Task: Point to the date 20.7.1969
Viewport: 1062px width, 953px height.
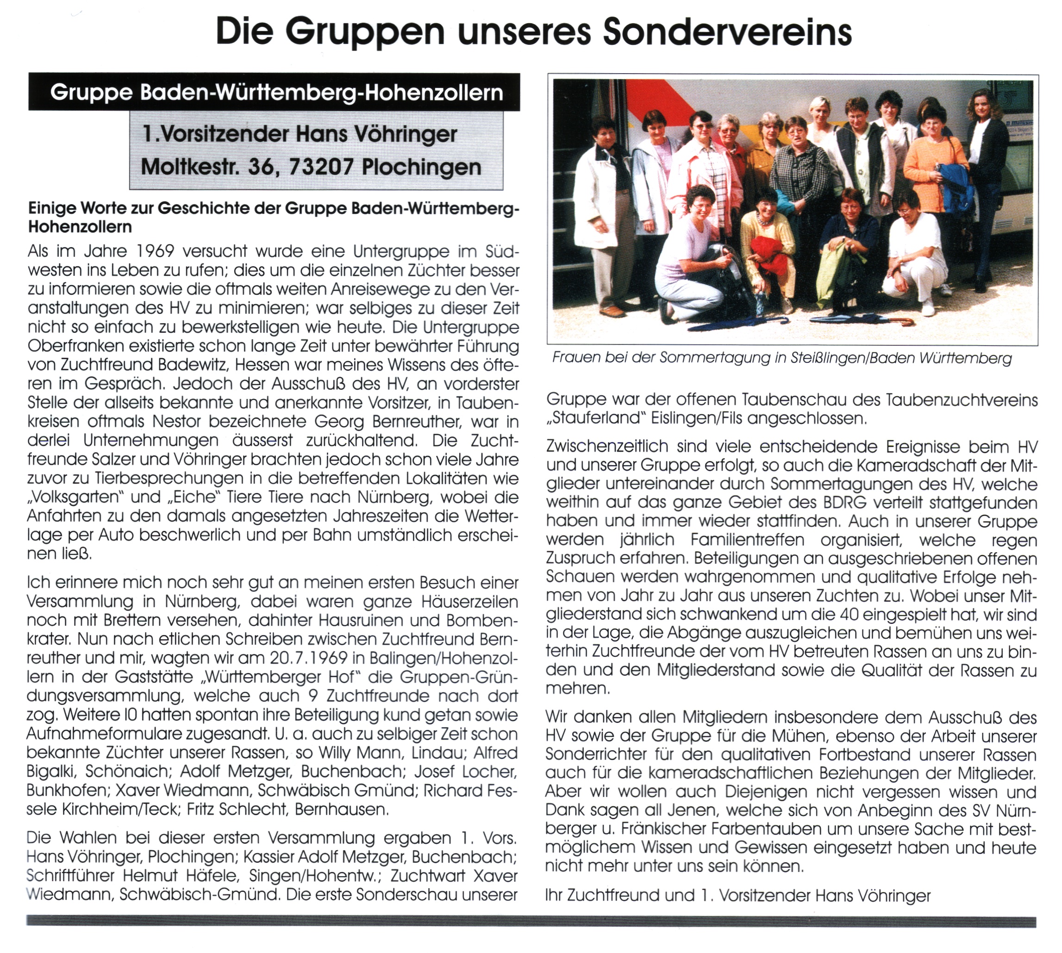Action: pyautogui.click(x=308, y=658)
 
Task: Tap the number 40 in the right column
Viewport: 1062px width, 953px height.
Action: pyautogui.click(x=849, y=614)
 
